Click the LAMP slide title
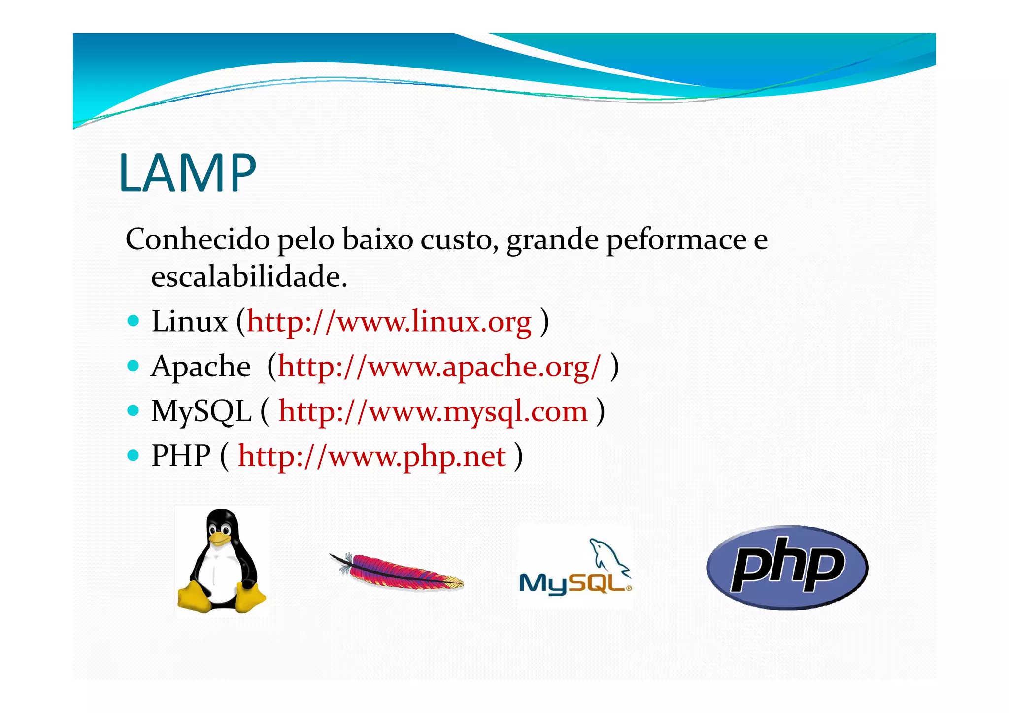pos(188,173)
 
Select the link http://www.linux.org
pos(389,322)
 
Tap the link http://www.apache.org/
pos(439,367)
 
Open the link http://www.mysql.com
pos(433,411)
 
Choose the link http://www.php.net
pos(372,456)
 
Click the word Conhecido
pos(198,239)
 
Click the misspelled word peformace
pos(676,240)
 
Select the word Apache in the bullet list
pos(201,367)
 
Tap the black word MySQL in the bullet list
pos(201,412)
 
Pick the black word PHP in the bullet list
pos(181,456)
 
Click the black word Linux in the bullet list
pos(189,322)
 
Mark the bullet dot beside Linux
pos(133,321)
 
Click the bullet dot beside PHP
pos(133,455)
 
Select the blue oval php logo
pos(787,567)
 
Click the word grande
pos(552,240)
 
